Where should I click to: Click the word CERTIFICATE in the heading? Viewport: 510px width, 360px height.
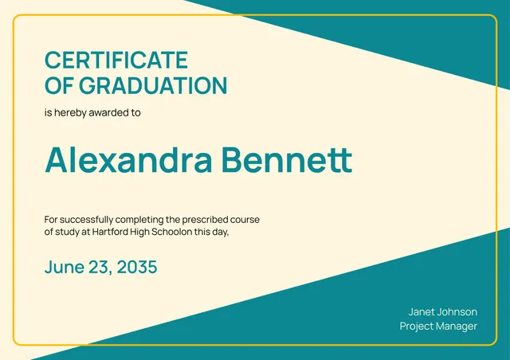(x=116, y=61)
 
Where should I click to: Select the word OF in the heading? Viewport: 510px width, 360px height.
(x=59, y=86)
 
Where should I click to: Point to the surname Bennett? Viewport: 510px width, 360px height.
(x=286, y=160)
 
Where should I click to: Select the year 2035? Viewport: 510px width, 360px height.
(x=137, y=268)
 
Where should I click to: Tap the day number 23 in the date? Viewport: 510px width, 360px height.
(x=99, y=268)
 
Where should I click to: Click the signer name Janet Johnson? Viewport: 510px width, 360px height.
(x=442, y=311)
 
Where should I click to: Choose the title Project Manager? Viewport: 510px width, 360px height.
(x=438, y=327)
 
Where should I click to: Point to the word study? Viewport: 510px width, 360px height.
(x=70, y=232)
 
